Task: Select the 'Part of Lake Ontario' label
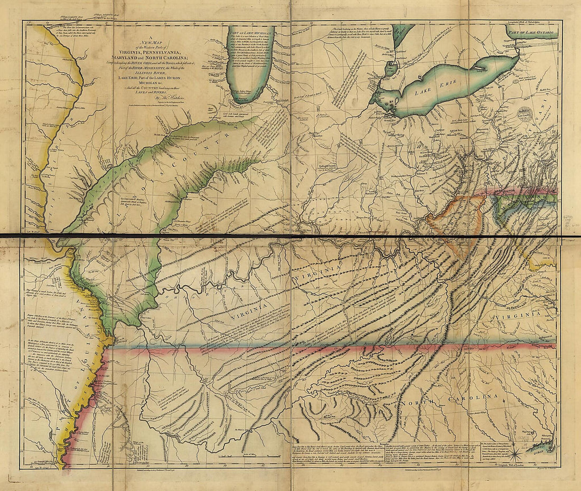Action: pos(531,33)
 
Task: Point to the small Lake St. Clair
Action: pos(391,68)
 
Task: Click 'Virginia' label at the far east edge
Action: pos(521,317)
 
